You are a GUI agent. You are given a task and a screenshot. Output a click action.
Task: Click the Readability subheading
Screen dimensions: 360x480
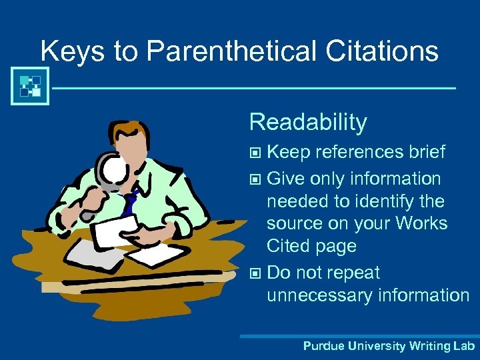[308, 122]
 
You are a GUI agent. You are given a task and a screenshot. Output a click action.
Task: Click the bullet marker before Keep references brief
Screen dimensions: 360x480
[256, 153]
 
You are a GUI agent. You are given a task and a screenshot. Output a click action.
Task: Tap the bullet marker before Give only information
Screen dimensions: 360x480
[256, 179]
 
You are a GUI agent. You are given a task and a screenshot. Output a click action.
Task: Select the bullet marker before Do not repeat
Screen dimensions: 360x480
[256, 273]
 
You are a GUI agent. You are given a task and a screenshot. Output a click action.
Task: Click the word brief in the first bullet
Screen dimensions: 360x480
[424, 152]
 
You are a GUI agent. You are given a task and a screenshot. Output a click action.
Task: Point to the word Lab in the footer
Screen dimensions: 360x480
[462, 346]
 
